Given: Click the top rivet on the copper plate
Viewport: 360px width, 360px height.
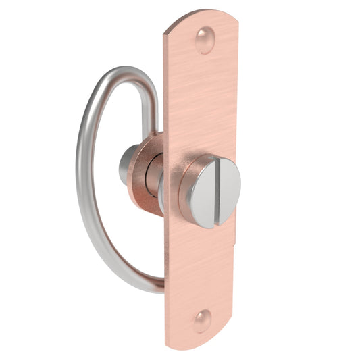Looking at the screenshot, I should coord(205,40).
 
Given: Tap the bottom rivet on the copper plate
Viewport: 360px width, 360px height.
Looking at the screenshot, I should coord(202,320).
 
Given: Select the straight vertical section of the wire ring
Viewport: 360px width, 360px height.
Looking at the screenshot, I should coord(152,108).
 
